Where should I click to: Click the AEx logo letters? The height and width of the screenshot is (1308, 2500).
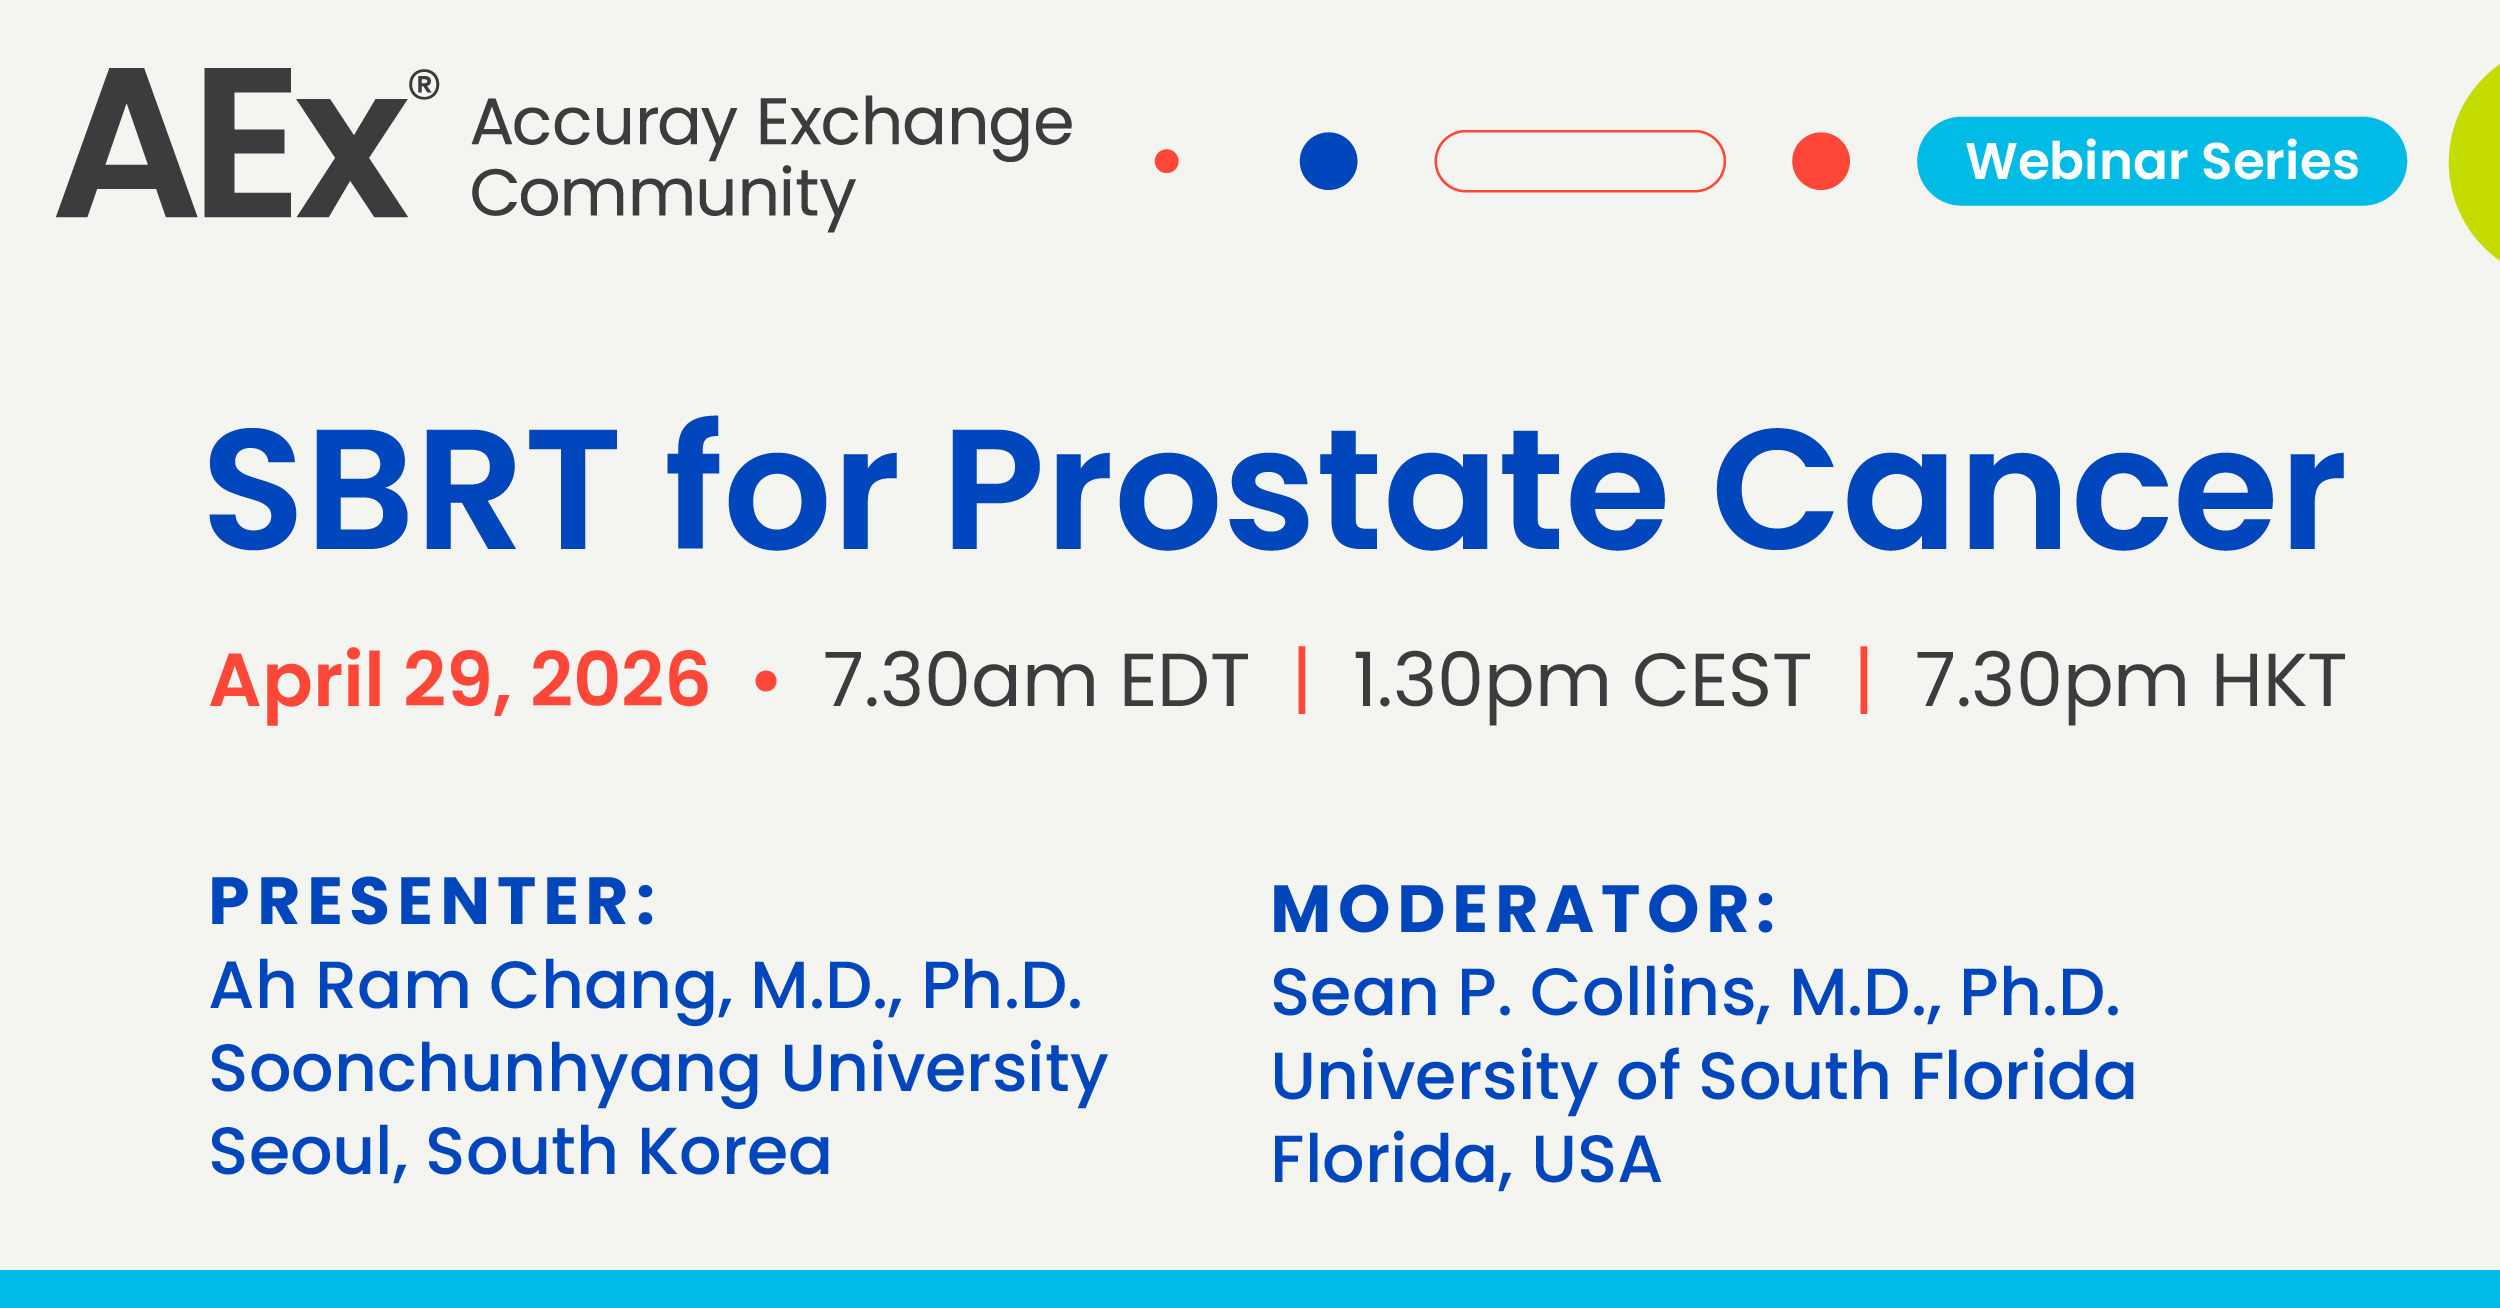232,143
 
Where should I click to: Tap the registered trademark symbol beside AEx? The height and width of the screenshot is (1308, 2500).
424,85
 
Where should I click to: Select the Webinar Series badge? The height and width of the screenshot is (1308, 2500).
2161,161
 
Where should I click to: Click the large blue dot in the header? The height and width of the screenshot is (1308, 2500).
1328,161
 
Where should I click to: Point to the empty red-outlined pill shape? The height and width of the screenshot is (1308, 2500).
1580,132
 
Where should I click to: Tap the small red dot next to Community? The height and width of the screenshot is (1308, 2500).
1166,161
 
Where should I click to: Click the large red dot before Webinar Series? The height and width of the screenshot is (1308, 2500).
1821,161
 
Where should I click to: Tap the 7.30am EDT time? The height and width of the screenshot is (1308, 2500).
1036,681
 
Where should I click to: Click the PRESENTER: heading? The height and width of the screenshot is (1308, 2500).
433,901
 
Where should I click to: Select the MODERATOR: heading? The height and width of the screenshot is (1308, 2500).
1523,909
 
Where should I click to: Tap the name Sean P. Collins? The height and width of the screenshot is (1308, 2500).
1520,993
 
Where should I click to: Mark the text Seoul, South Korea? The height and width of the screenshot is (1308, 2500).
520,1152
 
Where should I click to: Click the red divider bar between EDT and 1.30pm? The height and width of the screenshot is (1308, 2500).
1302,680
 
